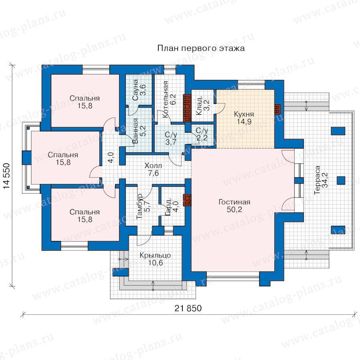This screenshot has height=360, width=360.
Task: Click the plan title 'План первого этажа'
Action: pyautogui.click(x=201, y=48)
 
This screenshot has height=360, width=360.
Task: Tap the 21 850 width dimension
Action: pyautogui.click(x=188, y=308)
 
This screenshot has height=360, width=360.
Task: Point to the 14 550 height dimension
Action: pyautogui.click(x=6, y=176)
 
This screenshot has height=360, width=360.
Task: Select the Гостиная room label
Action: pyautogui.click(x=234, y=202)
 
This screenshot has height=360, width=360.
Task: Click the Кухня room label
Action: pyautogui.click(x=244, y=114)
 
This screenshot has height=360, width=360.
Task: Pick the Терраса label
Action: pyautogui.click(x=317, y=180)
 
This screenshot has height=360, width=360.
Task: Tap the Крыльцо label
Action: pyautogui.click(x=155, y=255)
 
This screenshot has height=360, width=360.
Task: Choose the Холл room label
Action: pyautogui.click(x=153, y=166)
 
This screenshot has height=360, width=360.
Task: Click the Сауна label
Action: pyautogui.click(x=135, y=90)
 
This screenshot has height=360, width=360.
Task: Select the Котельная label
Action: pyautogui.click(x=165, y=100)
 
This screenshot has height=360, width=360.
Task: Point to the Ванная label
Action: pyautogui.click(x=136, y=131)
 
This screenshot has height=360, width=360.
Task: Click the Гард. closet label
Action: pyautogui.click(x=168, y=207)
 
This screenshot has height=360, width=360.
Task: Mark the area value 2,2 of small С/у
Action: pyautogui.click(x=202, y=138)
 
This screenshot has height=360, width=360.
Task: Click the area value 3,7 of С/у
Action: pyautogui.click(x=171, y=142)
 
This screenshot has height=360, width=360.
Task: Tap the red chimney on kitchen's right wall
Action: pyautogui.click(x=278, y=109)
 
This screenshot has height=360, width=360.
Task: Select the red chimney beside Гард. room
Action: pyautogui.click(x=187, y=200)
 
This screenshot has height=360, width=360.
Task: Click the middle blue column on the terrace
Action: pyautogui.click(x=341, y=180)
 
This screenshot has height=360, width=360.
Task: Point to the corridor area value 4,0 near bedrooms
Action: pyautogui.click(x=111, y=158)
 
